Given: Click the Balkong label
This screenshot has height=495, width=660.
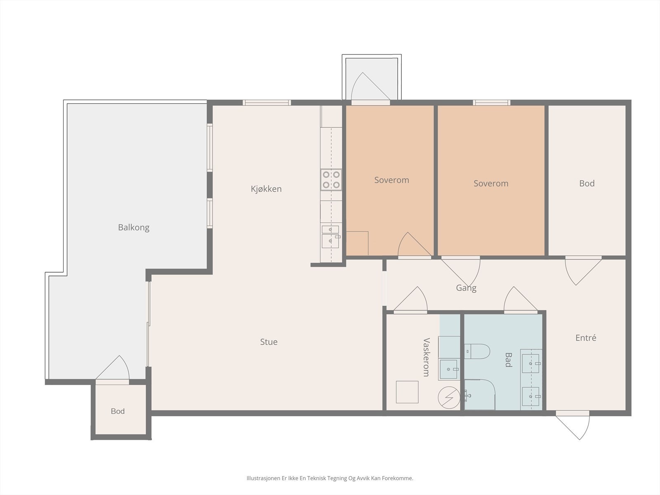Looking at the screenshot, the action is pos(134,228).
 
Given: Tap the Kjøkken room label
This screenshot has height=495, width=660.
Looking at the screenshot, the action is pos(266,189).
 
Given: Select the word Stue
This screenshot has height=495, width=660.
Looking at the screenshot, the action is pos(269,342).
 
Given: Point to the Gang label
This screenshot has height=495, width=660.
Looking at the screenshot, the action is pos(466,288).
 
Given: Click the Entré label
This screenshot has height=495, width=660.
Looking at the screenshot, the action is pos(586,338).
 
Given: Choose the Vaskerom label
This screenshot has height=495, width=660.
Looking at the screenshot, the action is pos(427,357).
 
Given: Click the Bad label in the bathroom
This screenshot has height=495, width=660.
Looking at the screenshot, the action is pos(508,360).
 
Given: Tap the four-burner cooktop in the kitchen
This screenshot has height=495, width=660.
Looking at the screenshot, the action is pos(331,180).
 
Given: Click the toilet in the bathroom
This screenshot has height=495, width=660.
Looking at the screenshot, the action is pos(477,351).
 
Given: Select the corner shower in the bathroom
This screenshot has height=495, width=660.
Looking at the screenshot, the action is pos(480,395).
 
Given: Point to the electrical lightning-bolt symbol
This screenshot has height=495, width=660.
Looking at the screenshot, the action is pos(449,398).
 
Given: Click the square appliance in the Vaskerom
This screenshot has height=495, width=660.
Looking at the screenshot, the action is pos(407,392).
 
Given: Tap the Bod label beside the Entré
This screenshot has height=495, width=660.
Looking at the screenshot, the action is pos(587,183).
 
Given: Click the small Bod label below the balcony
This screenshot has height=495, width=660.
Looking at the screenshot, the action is pos(118,411).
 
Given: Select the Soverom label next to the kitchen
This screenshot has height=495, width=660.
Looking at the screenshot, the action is pos(391,180).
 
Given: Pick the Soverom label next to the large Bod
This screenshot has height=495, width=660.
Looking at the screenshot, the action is pos(491,183).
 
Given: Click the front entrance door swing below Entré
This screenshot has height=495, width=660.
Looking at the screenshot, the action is pos(573,428).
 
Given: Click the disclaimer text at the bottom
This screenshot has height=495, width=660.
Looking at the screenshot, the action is pos(330,478).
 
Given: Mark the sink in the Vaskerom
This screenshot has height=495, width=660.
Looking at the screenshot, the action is pos(449,369).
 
